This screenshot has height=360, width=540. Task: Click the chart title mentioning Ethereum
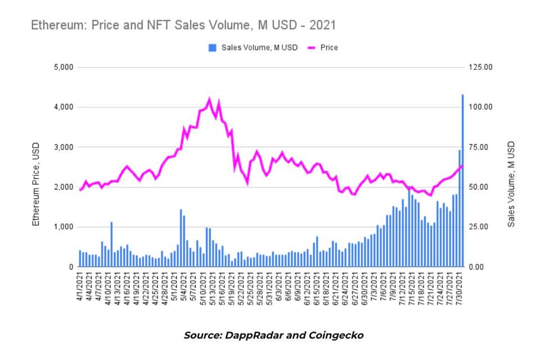183,25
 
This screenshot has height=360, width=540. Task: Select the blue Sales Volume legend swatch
212,48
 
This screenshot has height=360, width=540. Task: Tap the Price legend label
329,48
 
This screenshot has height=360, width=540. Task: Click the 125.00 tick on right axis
480,67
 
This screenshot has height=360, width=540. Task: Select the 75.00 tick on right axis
480,147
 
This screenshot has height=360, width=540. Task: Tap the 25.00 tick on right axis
480,227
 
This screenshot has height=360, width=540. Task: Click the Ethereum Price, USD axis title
37,184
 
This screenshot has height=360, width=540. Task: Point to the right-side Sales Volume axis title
511,184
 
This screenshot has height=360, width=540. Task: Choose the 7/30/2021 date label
461,288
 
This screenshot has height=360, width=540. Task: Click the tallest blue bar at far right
463,180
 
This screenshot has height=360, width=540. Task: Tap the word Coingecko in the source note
336,335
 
